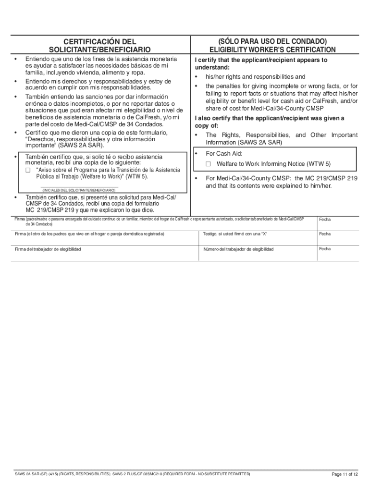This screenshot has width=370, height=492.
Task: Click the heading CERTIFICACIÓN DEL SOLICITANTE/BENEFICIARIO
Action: [x=99, y=46]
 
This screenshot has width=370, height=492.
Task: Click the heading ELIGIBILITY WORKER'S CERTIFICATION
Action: [x=272, y=50]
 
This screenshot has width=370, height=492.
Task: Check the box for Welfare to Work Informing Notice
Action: [x=209, y=164]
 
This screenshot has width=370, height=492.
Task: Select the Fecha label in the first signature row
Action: [x=325, y=220]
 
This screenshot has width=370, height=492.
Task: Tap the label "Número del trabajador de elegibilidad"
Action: [x=238, y=249]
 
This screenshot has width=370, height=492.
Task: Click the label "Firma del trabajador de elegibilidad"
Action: [x=48, y=249]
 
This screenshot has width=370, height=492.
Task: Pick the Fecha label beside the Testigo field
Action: [x=325, y=234]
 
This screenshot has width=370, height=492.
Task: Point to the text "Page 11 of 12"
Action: [x=345, y=475]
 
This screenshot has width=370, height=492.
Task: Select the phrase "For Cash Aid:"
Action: [x=224, y=154]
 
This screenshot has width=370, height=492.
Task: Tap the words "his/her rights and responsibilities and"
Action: [x=255, y=77]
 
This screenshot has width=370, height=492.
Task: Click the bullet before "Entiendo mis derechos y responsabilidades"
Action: [x=16, y=81]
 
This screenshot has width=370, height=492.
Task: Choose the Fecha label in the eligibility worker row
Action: [x=325, y=249]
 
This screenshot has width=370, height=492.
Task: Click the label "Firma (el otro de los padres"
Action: [x=89, y=234]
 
